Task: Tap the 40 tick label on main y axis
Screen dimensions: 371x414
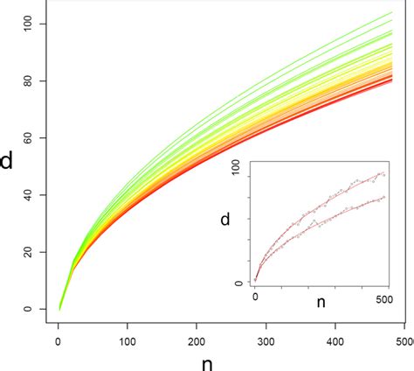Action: pyautogui.click(x=33, y=194)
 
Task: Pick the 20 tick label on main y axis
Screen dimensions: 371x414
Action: pyautogui.click(x=33, y=252)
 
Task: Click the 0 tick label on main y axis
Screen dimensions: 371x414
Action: pyautogui.click(x=33, y=309)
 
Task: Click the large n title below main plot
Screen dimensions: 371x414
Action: pyautogui.click(x=231, y=360)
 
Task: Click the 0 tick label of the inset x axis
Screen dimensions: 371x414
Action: pyautogui.click(x=256, y=299)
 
